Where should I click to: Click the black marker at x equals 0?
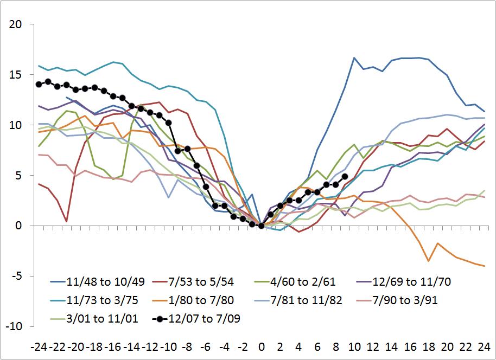(262, 226)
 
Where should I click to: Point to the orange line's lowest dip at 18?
(428, 261)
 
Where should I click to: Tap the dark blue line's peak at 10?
(354, 58)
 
